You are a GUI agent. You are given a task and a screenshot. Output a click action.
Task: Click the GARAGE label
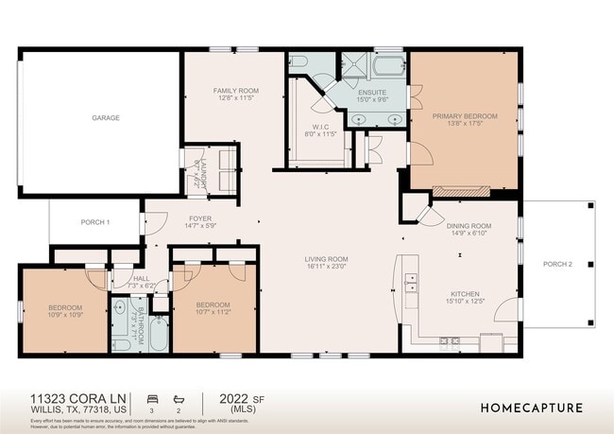tap(105, 118)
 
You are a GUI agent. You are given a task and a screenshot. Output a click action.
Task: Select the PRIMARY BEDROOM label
tap(465, 116)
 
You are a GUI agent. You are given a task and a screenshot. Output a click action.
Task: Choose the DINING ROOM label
tap(469, 226)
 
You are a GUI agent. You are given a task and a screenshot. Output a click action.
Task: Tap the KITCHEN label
tap(464, 293)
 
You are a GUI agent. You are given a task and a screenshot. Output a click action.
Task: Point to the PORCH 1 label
tap(95, 222)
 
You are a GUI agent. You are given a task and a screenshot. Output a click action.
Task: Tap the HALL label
tap(140, 279)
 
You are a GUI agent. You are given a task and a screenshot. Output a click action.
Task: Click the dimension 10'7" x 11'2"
tap(213, 311)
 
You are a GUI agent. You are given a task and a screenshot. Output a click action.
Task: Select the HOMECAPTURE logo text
tap(531, 408)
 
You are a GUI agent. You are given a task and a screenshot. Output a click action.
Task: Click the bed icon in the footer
tap(152, 398)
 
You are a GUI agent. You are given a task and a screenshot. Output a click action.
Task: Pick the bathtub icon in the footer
tap(179, 398)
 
